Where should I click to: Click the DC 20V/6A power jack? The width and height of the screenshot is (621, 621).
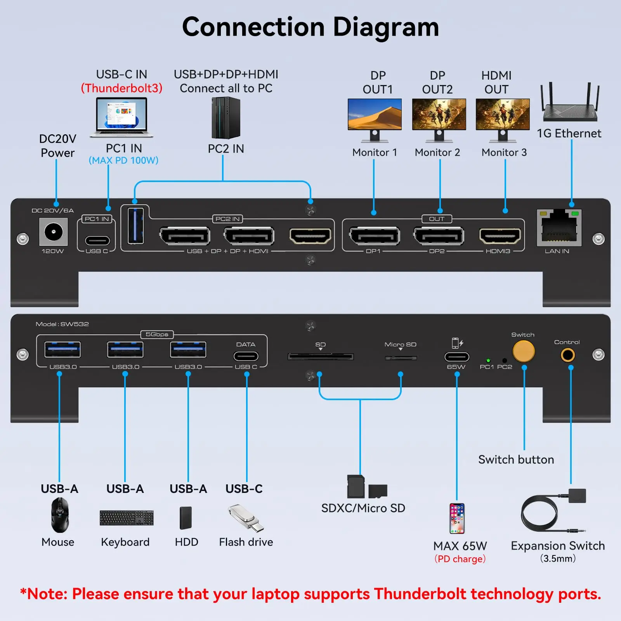54,232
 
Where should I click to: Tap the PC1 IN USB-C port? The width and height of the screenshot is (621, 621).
97,241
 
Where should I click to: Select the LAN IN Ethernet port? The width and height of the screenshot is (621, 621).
559,229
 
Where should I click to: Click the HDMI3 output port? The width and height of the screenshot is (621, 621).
500,236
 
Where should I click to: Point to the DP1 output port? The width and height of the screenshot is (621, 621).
374,236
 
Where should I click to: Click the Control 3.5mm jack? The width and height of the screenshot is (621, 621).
567,355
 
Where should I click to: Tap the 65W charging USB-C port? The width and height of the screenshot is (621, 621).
457,357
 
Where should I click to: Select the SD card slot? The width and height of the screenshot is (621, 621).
321,357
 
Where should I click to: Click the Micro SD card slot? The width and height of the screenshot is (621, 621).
401,357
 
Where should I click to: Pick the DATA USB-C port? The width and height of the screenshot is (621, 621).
246,356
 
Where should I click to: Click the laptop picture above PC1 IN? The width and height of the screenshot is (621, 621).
121,117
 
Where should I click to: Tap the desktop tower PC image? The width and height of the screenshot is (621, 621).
226,118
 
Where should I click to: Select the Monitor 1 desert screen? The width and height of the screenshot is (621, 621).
375,114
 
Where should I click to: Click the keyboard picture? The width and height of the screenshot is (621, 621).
127,518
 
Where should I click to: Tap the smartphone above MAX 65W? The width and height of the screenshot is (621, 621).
457,519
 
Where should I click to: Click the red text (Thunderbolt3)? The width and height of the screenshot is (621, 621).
121,88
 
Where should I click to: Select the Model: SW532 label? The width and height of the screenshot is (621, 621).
62,324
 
